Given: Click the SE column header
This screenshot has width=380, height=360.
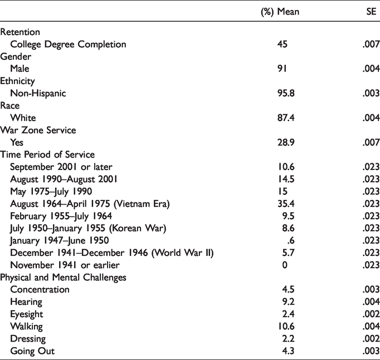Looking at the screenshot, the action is pos(371,11).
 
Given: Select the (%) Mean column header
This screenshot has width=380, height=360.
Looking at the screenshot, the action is pos(280,12).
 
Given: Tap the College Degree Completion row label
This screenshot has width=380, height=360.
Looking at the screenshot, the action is pos(68,45).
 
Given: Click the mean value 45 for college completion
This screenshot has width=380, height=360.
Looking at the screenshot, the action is pos(282,44).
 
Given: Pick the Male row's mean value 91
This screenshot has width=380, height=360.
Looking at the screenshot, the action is pos(282,69).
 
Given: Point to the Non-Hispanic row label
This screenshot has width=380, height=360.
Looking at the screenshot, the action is pos(38,93).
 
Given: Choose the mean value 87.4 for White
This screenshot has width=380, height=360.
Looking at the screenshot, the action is pos(286,118).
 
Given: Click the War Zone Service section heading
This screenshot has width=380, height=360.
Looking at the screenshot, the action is pos(38,130).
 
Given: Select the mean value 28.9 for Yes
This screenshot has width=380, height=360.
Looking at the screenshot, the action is pos(286,142).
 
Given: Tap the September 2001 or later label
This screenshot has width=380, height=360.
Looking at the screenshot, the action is pos(61,167).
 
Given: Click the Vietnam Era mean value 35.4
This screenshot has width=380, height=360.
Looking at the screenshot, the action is pos(286,203).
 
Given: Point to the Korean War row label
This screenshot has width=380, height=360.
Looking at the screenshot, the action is pos(88,228).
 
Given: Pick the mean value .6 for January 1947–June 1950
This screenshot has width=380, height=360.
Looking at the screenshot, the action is pos(291,241).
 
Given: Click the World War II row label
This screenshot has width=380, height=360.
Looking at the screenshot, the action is pos(112,253).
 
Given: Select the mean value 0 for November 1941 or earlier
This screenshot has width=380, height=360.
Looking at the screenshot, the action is pos(285,265).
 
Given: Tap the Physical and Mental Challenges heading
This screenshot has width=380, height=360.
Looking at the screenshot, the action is pos(64,278).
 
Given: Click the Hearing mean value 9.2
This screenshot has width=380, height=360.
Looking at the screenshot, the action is pos(289,302).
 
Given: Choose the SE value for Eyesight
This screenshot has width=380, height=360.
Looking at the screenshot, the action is pos(371,314).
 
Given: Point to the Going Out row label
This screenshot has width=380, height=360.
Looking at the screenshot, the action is pos(32,351).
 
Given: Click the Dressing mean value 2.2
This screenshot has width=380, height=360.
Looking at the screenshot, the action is pos(289,338).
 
